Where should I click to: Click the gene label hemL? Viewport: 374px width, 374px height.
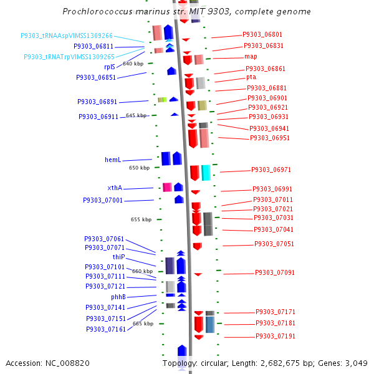pos(113,160)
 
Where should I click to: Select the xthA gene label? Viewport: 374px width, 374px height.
pos(115,188)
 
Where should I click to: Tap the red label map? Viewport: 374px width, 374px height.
pos(251,57)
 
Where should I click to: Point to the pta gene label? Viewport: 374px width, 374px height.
pos(251,77)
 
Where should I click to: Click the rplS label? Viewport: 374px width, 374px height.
pos(110,67)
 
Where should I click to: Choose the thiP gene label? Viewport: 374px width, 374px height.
pos(119,257)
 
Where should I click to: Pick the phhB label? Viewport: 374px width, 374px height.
pos(118,297)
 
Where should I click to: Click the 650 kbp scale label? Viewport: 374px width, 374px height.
pos(139,168)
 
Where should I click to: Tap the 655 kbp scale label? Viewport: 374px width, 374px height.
pos(141,219)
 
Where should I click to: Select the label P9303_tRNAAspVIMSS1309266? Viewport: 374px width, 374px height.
pos(67,36)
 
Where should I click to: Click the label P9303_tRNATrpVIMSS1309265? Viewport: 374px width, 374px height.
pos(69,57)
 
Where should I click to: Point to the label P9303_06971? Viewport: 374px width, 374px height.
pos(271,170)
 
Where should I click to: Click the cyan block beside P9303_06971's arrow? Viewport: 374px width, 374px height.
pos(206,173)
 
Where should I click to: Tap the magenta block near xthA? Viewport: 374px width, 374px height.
pos(167,187)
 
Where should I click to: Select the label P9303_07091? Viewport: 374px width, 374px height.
pos(275,272)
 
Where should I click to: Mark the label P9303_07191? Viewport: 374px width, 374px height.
pos(276,336)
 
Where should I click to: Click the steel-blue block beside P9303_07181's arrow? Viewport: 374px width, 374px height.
pos(210,325)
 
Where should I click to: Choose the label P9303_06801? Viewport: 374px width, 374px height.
pos(262,34)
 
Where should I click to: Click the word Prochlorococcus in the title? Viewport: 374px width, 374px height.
pos(97,11)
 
